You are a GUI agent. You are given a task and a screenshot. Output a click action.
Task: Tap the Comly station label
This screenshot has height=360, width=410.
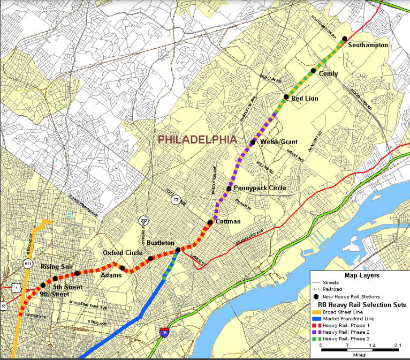tap(328, 73)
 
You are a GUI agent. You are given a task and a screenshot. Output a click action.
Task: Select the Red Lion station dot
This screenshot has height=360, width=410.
tap(286, 97)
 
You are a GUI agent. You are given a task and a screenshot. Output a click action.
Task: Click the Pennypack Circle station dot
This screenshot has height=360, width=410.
tap(229, 189)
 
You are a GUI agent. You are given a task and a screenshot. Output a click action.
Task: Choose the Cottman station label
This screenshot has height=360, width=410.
tap(228, 221)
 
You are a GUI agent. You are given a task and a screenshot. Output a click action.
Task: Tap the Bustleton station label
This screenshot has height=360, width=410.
tap(160, 243)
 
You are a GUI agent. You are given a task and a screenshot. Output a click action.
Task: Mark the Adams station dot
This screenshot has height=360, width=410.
tap(122, 268)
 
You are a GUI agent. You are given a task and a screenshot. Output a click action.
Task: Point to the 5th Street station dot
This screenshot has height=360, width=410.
tap(55, 279)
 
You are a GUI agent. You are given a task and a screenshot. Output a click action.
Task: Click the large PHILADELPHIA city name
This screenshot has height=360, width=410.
tap(197, 139)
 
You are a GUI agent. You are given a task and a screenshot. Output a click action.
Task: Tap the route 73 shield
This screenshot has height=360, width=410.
tap(176, 200)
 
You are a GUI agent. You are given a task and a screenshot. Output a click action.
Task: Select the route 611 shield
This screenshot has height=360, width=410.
tap(28, 264)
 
